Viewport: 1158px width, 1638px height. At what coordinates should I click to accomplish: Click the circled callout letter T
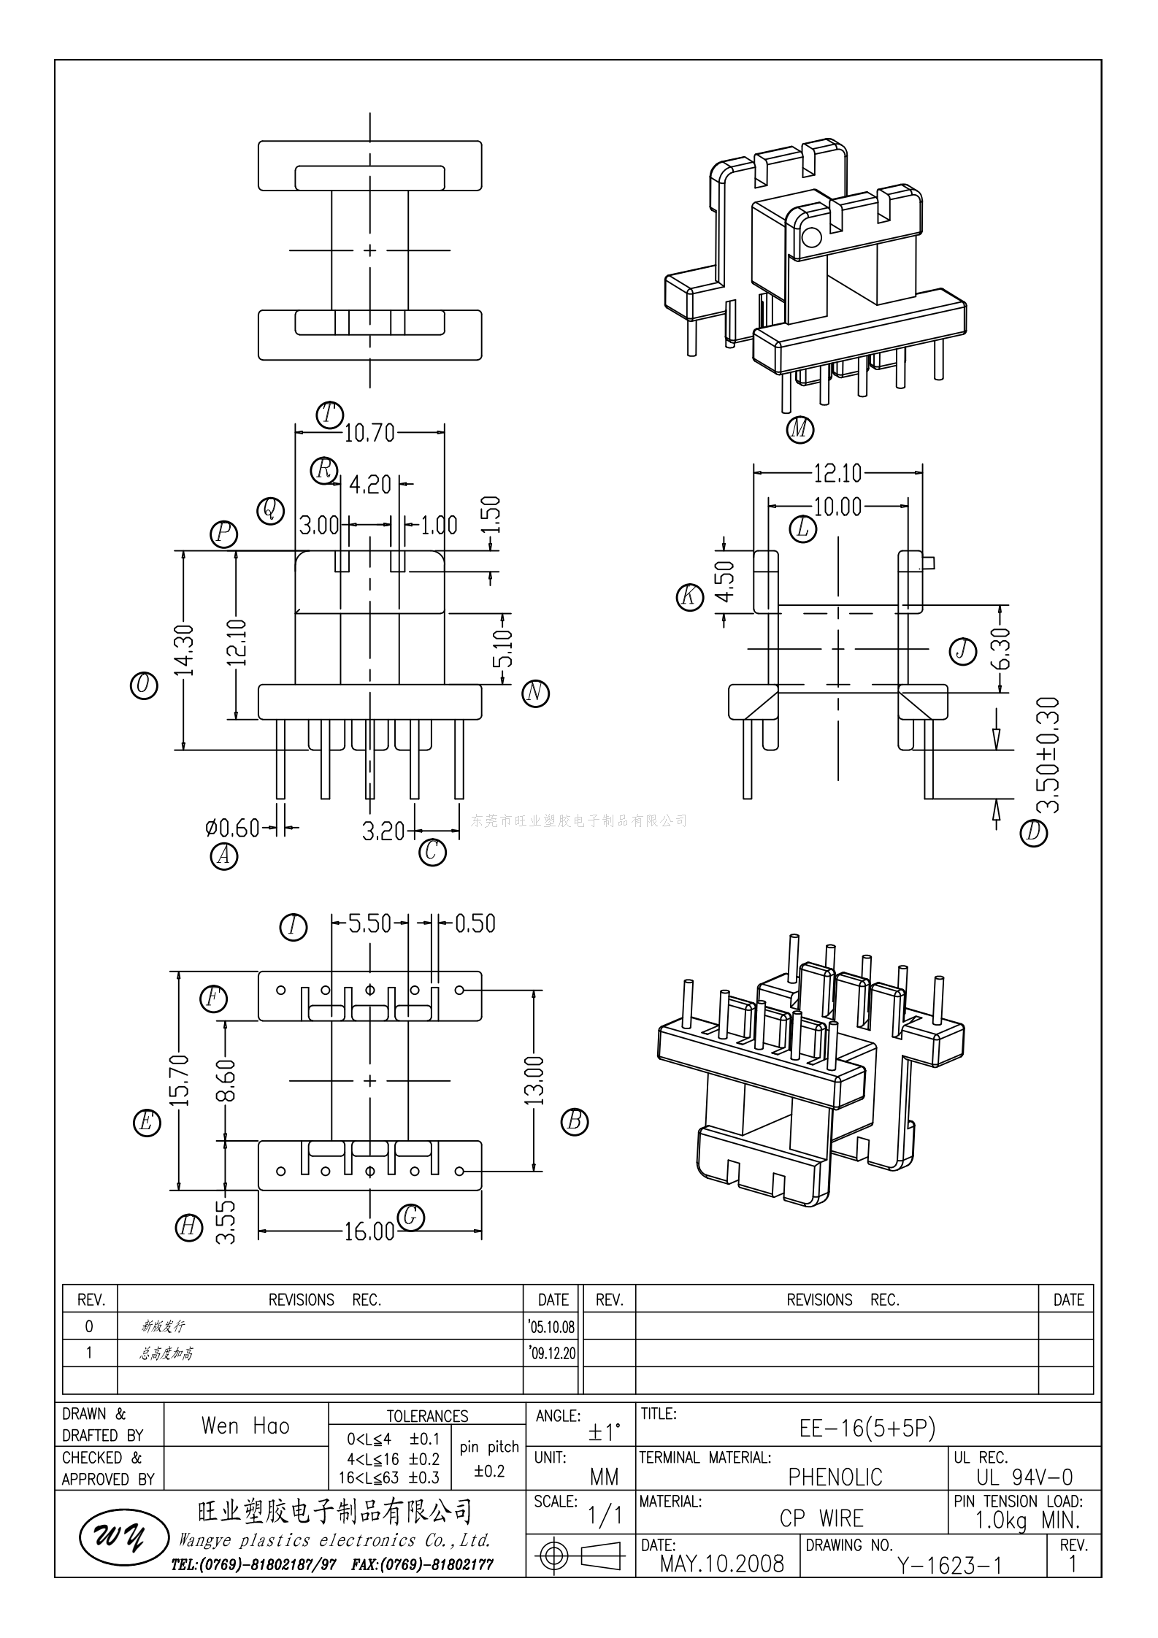click(329, 415)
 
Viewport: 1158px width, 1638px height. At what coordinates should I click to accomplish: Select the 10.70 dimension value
click(369, 434)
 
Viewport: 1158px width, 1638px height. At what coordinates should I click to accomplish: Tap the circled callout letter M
click(800, 428)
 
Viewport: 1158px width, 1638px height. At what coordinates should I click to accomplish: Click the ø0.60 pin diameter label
click(232, 828)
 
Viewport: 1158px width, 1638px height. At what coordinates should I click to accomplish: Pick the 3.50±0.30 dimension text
click(1048, 755)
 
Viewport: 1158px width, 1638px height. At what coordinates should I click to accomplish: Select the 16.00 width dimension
click(369, 1232)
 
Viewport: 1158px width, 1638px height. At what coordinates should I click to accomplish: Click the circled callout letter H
click(189, 1227)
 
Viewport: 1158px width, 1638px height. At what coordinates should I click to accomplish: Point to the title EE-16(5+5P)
click(867, 1428)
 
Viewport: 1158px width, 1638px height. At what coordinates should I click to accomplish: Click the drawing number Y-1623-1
click(949, 1565)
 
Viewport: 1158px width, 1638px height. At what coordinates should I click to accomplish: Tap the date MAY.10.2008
click(721, 1564)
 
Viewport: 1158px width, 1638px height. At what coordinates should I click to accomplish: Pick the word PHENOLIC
click(835, 1477)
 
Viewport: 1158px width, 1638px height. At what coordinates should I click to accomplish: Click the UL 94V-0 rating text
click(1024, 1477)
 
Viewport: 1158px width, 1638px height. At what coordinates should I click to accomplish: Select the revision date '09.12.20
click(552, 1353)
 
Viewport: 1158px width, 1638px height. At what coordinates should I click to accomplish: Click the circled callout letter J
click(963, 650)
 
